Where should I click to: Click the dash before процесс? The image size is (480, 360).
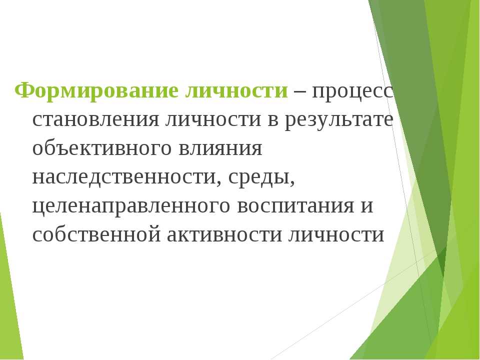[299, 91]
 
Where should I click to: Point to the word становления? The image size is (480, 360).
[96, 119]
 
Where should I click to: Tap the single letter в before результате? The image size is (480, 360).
[273, 119]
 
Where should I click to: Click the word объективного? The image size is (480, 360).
[101, 149]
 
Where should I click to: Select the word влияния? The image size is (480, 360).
[220, 149]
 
